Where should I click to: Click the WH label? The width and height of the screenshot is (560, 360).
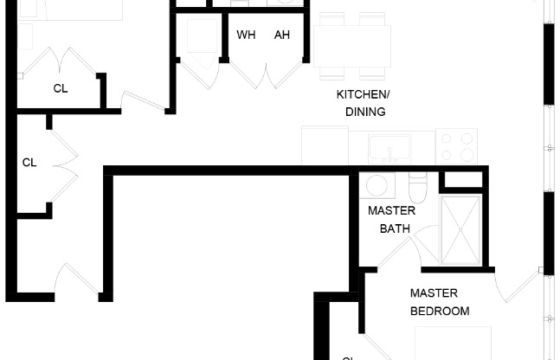point(246,35)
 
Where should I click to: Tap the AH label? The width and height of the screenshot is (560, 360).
point(282,35)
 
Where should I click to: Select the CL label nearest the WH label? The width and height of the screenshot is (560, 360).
point(61,88)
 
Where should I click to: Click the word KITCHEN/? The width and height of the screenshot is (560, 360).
point(364,94)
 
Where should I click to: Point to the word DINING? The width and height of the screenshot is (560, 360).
point(364,112)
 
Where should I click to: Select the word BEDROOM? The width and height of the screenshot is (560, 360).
point(440,311)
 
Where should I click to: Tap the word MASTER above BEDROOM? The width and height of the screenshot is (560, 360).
point(434,293)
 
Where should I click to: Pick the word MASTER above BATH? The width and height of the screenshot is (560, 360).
point(391,210)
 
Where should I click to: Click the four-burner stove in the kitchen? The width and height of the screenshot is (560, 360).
point(456,145)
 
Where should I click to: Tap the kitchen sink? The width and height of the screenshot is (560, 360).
point(390,149)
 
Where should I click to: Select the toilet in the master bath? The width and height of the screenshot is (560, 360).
point(418,189)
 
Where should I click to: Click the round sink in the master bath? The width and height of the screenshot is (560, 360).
point(377,185)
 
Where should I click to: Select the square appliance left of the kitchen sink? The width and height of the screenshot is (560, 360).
point(325,145)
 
